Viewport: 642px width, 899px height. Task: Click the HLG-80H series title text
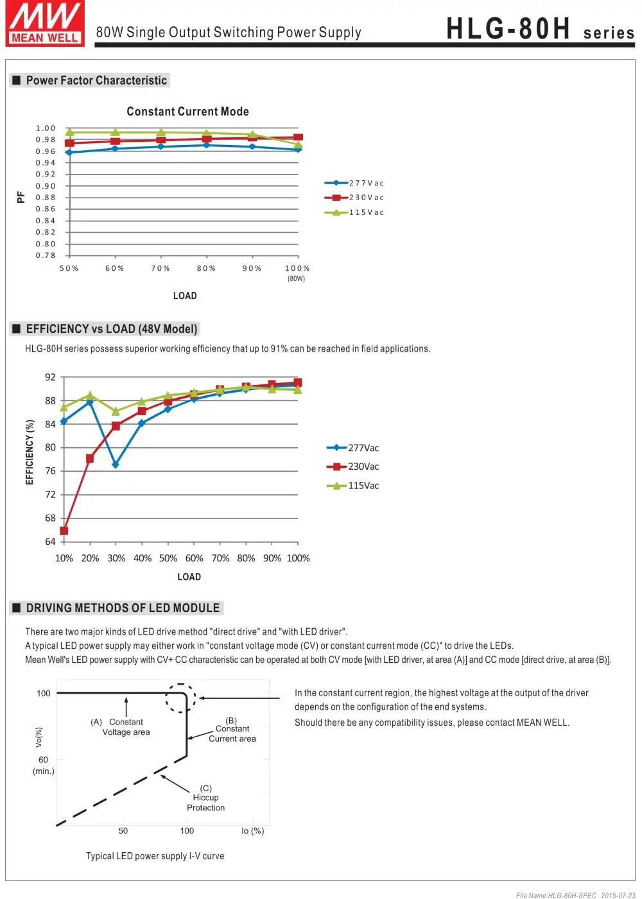540,30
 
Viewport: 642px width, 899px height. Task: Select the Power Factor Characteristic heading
96,80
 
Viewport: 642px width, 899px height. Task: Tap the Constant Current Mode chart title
187,112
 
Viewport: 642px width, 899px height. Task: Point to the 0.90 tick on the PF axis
46,186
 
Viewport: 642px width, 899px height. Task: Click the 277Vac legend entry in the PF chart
354,183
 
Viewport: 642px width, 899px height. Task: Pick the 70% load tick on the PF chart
160,268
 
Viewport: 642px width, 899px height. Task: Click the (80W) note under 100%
297,278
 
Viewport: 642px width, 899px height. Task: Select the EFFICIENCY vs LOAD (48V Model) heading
111,329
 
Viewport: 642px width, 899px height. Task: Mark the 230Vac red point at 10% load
64,531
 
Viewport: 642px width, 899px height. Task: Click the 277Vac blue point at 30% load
116,465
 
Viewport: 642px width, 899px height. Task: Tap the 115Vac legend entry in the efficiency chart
354,486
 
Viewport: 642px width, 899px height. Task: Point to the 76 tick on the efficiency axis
50,471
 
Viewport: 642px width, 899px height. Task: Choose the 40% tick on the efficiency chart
143,558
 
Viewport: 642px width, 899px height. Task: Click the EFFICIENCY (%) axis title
30,452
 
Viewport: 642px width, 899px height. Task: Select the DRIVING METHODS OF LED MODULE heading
122,608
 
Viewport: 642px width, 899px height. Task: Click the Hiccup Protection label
205,798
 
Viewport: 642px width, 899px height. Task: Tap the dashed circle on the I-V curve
181,698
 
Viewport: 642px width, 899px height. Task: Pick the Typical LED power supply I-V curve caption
155,856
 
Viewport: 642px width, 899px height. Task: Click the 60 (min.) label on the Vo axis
43,765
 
